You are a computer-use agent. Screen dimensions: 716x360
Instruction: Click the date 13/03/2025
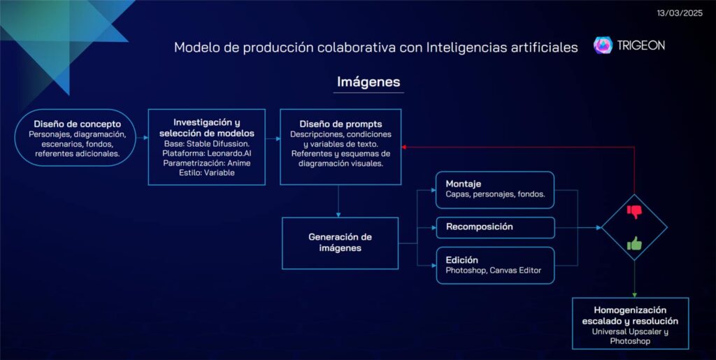pos(680,13)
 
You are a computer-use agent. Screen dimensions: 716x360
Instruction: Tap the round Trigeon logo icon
pos(603,45)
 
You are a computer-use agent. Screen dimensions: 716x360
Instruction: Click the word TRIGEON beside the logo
pos(640,45)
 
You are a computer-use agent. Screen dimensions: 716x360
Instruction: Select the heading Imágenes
pos(368,82)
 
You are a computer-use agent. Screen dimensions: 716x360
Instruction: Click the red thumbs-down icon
pos(634,211)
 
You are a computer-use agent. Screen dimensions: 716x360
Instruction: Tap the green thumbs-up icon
pos(634,243)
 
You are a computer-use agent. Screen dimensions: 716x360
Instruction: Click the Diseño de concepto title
pos(77,124)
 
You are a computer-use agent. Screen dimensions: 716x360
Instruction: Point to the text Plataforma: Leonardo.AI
pos(207,153)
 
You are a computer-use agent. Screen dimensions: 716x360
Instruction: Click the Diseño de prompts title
pos(341,124)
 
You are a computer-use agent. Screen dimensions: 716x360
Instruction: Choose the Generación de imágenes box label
pos(341,243)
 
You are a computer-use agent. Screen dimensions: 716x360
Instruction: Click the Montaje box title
pos(464,184)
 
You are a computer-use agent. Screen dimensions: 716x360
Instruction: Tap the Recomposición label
pos(480,227)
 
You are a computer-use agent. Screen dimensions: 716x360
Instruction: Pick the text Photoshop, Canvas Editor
pos(494,271)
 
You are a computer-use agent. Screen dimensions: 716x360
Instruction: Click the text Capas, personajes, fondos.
pos(495,194)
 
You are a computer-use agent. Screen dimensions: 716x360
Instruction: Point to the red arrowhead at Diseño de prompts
pos(403,147)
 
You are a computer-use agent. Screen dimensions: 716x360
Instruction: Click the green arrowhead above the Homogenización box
pos(634,295)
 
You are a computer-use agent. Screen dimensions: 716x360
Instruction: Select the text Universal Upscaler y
pos(630,332)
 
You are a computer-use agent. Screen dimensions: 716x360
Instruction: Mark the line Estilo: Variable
pos(207,173)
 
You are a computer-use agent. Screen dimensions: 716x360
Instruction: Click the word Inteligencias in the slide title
pos(473,48)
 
